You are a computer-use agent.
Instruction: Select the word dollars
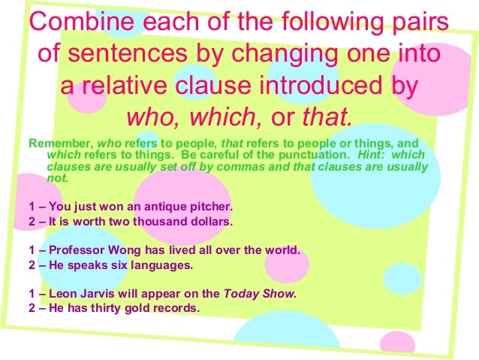click(206, 222)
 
